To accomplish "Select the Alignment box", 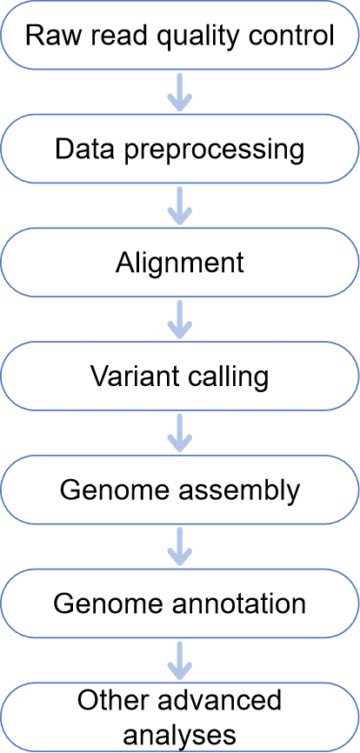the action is point(180,263).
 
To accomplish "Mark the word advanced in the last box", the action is point(216,701).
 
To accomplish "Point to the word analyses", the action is point(180,735).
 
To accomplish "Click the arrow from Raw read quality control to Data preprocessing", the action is point(180,91).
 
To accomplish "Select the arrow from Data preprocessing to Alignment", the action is point(180,205).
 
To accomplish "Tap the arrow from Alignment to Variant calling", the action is point(180,319).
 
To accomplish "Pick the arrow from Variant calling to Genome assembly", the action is point(180,433).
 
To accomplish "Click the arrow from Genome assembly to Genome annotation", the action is point(180,546).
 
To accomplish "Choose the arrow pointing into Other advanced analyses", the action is point(180,660).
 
